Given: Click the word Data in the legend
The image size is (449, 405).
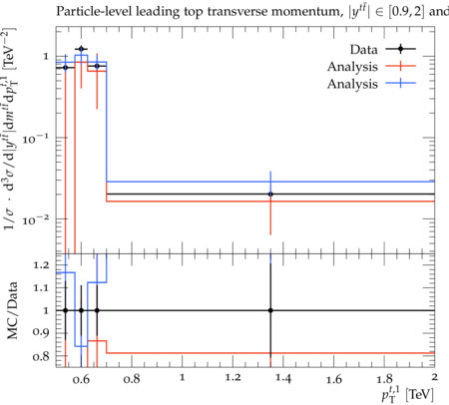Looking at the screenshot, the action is [x=363, y=50].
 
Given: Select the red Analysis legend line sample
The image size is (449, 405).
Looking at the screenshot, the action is [x=401, y=66].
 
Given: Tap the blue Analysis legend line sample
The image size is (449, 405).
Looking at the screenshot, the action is [x=401, y=84].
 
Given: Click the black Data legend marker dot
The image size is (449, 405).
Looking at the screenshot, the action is [x=401, y=49].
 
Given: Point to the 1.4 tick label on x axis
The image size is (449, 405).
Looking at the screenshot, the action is [x=283, y=379].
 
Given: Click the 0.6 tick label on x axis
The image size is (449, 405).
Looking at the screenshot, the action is [x=81, y=379].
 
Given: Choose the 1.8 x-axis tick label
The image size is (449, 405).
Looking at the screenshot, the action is [x=384, y=379].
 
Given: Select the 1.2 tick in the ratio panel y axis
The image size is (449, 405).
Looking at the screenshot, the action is [x=41, y=265].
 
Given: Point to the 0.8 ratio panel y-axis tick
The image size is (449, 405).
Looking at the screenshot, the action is [x=41, y=356].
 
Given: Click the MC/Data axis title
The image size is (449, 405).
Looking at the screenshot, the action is [x=12, y=310].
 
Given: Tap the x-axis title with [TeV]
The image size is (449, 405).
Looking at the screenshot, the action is [x=407, y=394].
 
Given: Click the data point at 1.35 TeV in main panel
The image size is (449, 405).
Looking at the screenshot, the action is [x=270, y=194].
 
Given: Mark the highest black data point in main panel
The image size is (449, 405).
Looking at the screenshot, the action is [x=81, y=49].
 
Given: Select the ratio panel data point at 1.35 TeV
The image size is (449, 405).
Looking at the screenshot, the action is [x=270, y=310].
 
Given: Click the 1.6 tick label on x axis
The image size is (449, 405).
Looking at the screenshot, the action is [x=333, y=379].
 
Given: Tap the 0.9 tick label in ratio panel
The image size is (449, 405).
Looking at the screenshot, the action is [x=41, y=332].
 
